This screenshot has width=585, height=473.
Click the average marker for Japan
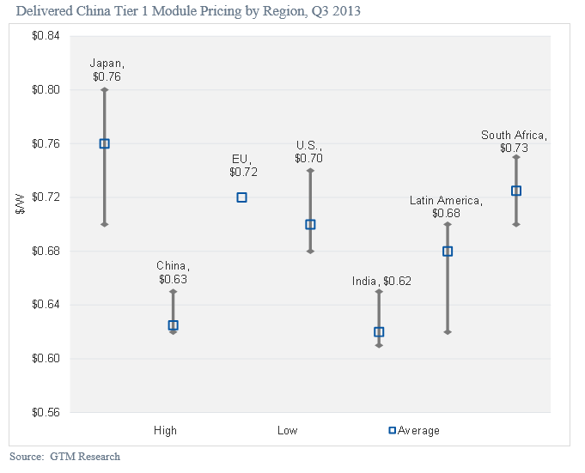tap(104, 143)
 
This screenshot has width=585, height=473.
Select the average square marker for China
tap(173, 325)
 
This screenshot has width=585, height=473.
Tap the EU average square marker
tap(241, 197)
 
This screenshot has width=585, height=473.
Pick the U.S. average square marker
tap(310, 224)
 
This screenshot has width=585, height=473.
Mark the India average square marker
tap(379, 332)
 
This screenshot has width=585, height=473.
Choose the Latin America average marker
tap(448, 252)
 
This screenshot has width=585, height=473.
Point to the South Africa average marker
tap(516, 191)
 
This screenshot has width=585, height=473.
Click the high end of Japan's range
tap(104, 89)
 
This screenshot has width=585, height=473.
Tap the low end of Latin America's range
tap(448, 331)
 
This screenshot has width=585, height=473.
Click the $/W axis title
tap(19, 224)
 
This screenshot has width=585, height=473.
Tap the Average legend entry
tap(414, 430)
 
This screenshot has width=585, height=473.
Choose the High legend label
tap(165, 430)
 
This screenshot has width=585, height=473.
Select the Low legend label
tap(287, 430)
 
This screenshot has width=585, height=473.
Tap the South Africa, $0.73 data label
tap(514, 142)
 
